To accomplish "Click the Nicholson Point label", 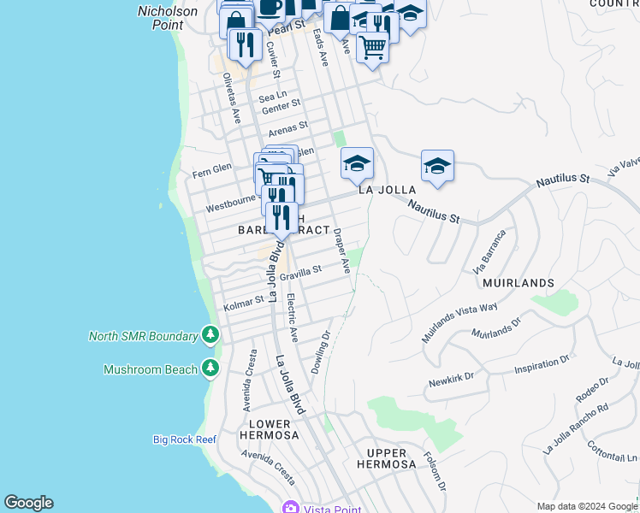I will [168, 18].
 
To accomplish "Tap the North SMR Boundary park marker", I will [210, 335].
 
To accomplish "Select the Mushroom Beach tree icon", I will [210, 369].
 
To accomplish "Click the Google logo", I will [28, 503].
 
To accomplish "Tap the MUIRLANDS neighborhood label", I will [518, 282].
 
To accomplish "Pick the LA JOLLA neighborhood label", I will [387, 190].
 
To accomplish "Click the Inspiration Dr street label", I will [541, 369].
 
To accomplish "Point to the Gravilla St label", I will [300, 273].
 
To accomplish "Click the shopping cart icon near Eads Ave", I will [372, 48].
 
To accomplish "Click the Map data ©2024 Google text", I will [586, 506].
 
